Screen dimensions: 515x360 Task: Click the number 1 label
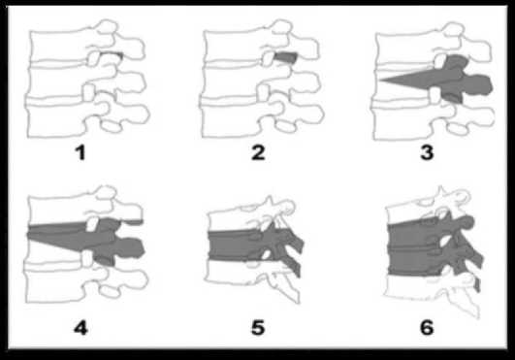click(x=80, y=152)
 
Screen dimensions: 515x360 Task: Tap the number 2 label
click(x=258, y=152)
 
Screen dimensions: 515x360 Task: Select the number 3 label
click(x=427, y=152)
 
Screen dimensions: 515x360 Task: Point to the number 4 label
click(x=80, y=328)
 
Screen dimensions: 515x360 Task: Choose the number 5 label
click(x=258, y=328)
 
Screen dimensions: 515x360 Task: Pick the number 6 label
click(x=427, y=328)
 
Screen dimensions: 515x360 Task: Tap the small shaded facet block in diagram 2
click(x=285, y=57)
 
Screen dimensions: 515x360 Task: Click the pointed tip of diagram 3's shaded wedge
click(x=379, y=80)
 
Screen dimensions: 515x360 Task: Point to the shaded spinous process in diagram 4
click(x=130, y=248)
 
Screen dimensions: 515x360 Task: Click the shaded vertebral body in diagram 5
click(x=233, y=245)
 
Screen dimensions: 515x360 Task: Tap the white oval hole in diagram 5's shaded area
click(x=267, y=254)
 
